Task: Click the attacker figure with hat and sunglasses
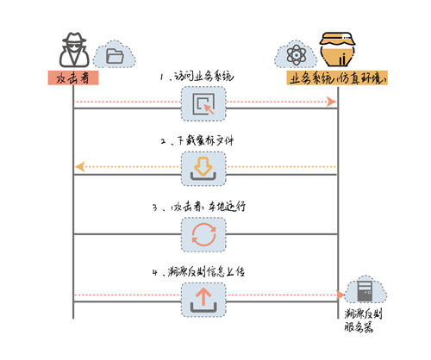tap(74, 50)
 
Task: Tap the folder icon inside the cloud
tap(115, 56)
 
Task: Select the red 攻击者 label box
tap(73, 78)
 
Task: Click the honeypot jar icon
tap(337, 49)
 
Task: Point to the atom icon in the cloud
tap(297, 55)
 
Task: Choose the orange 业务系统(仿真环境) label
tap(337, 78)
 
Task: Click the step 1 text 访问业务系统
tap(204, 77)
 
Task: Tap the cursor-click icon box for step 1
tap(203, 104)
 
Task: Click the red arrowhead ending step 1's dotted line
tap(331, 102)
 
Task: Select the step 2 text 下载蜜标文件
tap(205, 140)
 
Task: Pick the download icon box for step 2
tap(203, 169)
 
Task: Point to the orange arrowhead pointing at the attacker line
tap(80, 167)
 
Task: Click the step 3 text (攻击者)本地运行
tap(208, 207)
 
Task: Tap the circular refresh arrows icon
tap(203, 234)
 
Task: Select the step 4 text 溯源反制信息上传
tap(206, 271)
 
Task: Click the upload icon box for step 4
tap(203, 300)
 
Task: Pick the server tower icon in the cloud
tap(365, 291)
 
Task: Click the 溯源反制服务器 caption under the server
tap(363, 320)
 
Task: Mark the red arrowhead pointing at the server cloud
tap(340, 295)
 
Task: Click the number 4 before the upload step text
tap(155, 272)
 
